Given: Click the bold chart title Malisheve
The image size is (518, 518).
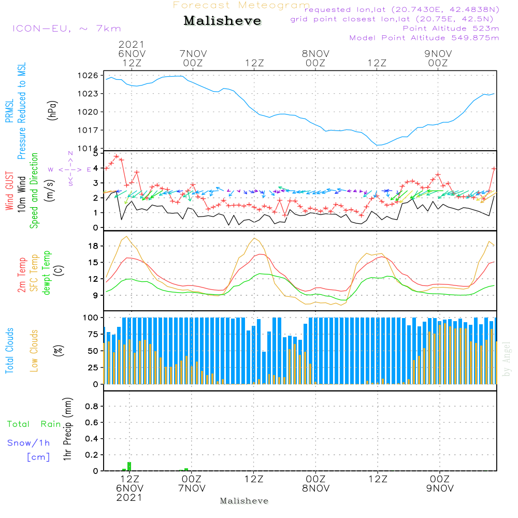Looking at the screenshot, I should click(x=222, y=21).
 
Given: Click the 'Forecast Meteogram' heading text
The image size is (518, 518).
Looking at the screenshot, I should click(x=241, y=5).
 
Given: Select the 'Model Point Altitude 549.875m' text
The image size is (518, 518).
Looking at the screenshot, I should click(x=424, y=38).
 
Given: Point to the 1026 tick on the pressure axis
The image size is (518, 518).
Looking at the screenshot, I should click(x=89, y=76).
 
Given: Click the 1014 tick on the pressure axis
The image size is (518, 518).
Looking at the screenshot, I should click(x=89, y=149).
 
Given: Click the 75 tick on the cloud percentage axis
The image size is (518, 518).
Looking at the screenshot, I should click(x=92, y=334).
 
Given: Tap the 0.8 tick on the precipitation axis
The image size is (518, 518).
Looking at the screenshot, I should click(x=92, y=407).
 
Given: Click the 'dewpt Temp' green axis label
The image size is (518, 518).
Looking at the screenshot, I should click(x=47, y=273).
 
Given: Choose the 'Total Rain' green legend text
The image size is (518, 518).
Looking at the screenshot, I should click(x=34, y=424).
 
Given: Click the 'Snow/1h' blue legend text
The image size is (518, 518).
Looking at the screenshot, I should click(x=29, y=443).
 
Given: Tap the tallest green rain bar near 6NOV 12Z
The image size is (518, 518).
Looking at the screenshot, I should click(x=129, y=466).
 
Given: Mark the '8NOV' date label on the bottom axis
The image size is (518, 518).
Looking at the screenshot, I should click(x=315, y=488).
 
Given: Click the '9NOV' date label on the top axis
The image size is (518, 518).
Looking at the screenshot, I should click(x=438, y=54).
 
